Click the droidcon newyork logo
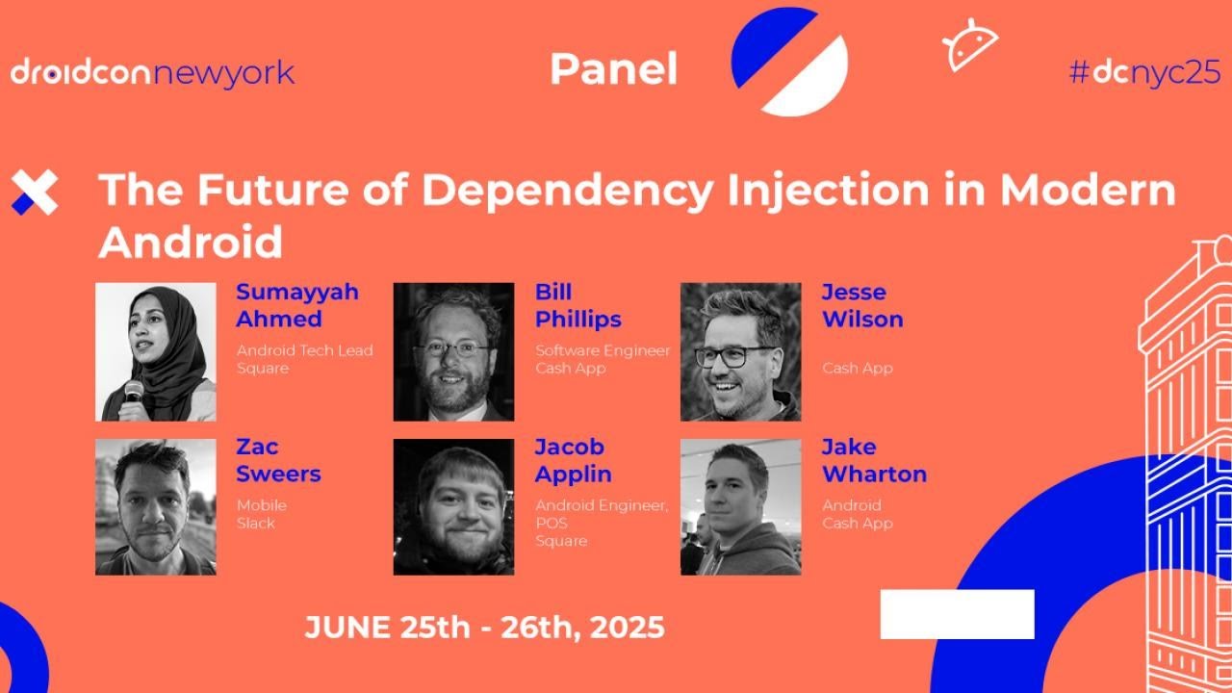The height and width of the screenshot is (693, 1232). (x=152, y=72)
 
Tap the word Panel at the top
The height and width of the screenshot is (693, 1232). (x=613, y=69)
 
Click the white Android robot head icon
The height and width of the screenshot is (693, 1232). (x=969, y=45)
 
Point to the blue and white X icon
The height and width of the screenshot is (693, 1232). (x=35, y=192)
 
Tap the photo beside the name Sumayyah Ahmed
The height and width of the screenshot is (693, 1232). (x=156, y=351)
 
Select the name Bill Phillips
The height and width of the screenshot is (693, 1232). (x=577, y=305)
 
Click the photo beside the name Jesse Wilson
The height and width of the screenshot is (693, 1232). (x=740, y=351)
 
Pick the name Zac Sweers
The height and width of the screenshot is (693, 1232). (x=278, y=460)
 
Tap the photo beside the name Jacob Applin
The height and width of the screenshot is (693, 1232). (x=453, y=507)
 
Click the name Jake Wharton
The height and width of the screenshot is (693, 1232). (x=873, y=460)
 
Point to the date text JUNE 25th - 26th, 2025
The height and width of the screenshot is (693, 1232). (x=484, y=628)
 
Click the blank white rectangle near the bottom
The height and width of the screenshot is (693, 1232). (x=957, y=614)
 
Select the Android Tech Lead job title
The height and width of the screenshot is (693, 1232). (x=304, y=350)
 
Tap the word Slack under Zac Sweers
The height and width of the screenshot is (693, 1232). (x=256, y=523)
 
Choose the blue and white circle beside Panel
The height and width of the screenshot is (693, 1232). (x=789, y=62)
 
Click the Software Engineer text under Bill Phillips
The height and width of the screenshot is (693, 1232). (x=603, y=350)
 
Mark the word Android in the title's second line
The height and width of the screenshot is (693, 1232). (x=191, y=242)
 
